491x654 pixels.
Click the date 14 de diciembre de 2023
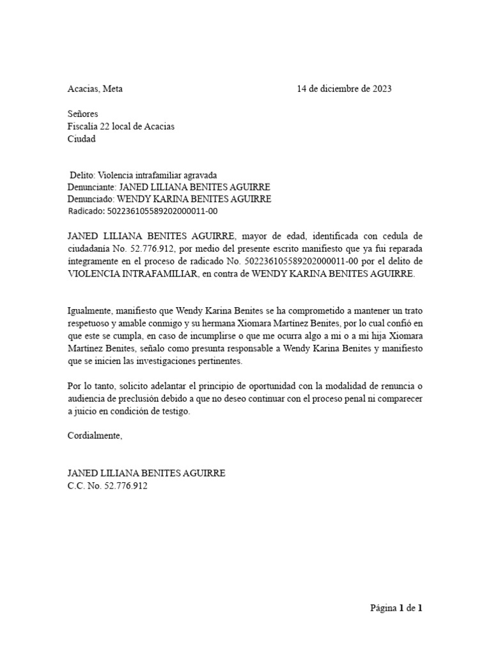(x=344, y=89)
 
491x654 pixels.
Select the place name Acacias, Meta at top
(x=95, y=89)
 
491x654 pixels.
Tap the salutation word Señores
(x=83, y=114)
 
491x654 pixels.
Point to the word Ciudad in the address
(x=82, y=139)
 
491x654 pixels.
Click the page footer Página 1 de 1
(x=396, y=608)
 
